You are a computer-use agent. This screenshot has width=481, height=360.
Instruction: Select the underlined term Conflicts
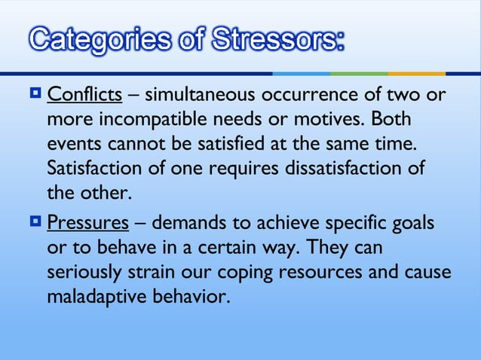[x=84, y=97]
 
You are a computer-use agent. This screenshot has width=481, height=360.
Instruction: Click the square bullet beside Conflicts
[x=35, y=96]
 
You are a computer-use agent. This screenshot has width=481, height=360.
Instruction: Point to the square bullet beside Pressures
[x=35, y=223]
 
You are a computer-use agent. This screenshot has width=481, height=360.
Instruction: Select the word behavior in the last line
[x=191, y=297]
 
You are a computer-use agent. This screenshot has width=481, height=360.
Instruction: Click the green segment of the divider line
[x=359, y=73]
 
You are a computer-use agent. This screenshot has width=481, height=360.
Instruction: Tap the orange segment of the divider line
[x=417, y=73]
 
